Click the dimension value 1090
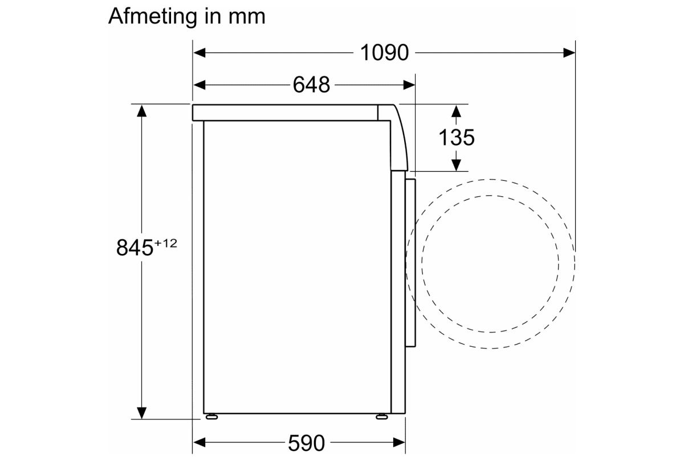point(384,53)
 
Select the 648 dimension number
point(311,85)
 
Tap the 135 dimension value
point(457,137)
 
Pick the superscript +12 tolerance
point(165,244)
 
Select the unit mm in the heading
point(247,17)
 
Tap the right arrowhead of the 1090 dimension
point(569,53)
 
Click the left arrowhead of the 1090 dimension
point(199,53)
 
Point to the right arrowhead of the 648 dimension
point(409,85)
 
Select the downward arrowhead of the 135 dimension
point(456,165)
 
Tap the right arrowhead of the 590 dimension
point(399,442)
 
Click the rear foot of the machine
point(212,416)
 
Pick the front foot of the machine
point(380,416)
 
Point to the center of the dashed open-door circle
point(491,264)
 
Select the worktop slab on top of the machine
point(285,112)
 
